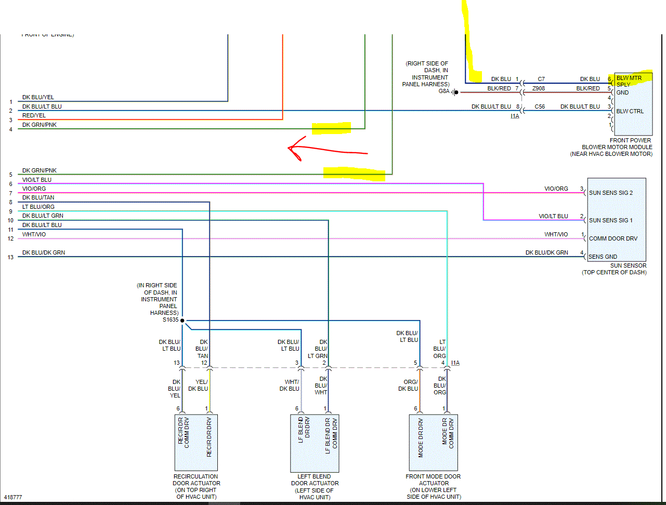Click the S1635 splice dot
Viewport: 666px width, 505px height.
pos(182,321)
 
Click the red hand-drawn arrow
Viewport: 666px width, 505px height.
pos(328,150)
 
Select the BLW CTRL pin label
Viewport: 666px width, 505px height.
pos(630,111)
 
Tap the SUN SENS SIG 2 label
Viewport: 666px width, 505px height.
pos(610,193)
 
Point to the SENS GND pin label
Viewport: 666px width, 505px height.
pos(603,257)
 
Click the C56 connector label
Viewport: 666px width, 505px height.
pos(540,107)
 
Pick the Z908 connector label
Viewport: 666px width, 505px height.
pos(539,88)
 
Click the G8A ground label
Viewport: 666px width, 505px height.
pos(443,91)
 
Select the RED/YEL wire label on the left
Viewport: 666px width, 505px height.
pos(34,115)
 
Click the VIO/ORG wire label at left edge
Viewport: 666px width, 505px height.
pos(34,189)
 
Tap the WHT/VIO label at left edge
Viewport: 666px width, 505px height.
pos(34,234)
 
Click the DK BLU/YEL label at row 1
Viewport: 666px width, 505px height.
pos(38,97)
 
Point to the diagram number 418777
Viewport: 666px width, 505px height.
pos(13,497)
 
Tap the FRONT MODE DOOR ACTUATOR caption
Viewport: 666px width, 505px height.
pos(433,480)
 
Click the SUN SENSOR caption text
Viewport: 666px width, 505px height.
pos(628,265)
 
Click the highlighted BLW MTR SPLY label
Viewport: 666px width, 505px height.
pos(629,81)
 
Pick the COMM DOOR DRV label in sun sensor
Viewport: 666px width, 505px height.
pos(613,238)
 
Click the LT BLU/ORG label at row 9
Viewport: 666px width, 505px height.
pos(38,207)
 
